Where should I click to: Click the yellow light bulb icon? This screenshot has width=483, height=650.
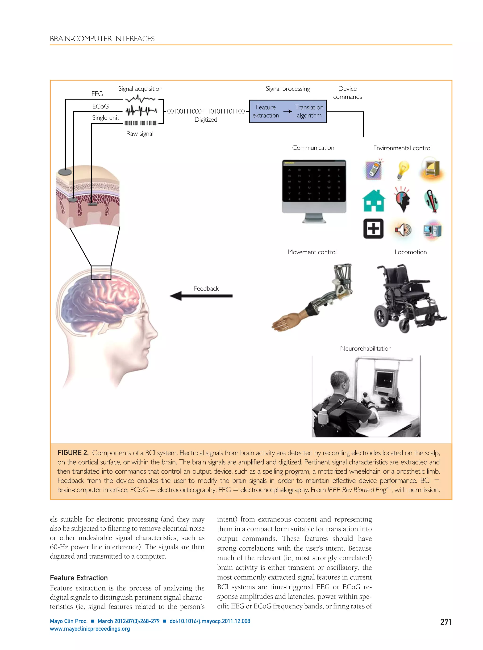[403, 170]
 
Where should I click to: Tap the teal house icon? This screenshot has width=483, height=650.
[374, 201]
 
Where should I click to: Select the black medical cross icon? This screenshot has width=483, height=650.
[373, 228]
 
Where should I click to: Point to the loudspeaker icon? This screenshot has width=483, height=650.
[403, 230]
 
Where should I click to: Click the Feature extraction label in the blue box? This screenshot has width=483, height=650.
[266, 111]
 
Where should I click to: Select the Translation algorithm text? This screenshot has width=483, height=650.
[309, 111]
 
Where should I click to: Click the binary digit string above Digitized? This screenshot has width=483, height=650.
[206, 111]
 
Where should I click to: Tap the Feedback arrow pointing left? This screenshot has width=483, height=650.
[201, 296]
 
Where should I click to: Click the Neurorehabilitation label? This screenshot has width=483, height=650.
[366, 348]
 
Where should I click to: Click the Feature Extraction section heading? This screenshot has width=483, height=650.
[79, 578]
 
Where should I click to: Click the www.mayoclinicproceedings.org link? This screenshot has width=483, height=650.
[90, 629]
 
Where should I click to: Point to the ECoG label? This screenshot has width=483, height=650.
[100, 106]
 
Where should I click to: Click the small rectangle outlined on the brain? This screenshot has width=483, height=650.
[101, 272]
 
